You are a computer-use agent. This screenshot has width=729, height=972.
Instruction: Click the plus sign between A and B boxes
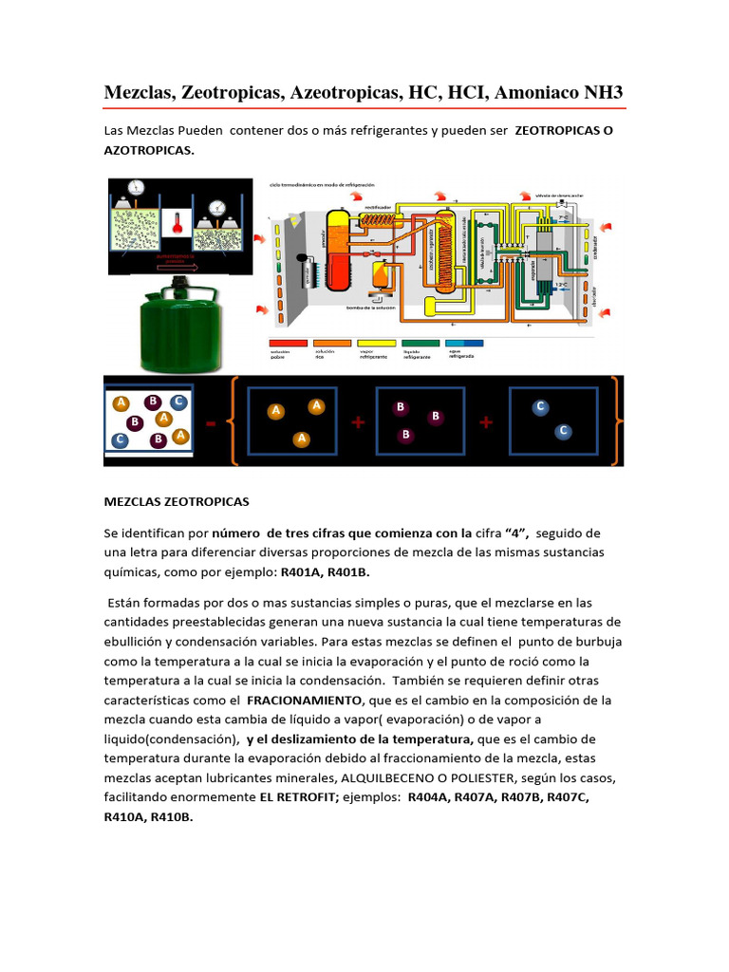click(358, 423)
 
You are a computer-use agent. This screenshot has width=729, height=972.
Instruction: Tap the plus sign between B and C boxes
click(485, 422)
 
